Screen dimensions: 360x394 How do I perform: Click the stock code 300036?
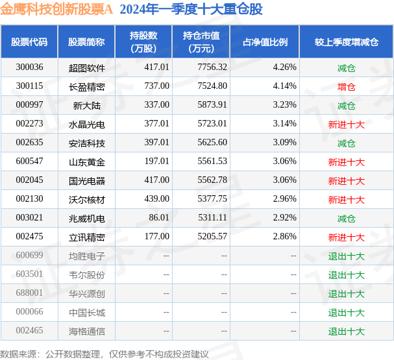coord(29,67)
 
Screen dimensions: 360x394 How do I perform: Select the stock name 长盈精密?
coord(86,86)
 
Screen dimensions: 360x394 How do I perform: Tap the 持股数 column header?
coord(143,42)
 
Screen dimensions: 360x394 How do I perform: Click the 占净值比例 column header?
coord(265,42)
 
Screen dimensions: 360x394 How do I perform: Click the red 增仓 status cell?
coord(346,86)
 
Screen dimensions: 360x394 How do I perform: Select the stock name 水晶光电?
coord(86,124)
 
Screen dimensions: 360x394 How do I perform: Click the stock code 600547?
coord(29,162)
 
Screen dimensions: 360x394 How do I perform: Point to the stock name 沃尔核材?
coord(86,199)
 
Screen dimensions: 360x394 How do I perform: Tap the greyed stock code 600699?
coord(29,256)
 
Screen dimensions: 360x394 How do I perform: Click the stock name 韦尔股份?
coord(86,274)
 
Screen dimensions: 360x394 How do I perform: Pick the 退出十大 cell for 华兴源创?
coord(346,293)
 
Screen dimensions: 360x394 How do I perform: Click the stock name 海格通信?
coord(86,331)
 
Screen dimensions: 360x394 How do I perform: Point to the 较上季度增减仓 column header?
coord(346,42)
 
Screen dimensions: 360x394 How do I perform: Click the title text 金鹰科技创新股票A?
coord(56,10)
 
